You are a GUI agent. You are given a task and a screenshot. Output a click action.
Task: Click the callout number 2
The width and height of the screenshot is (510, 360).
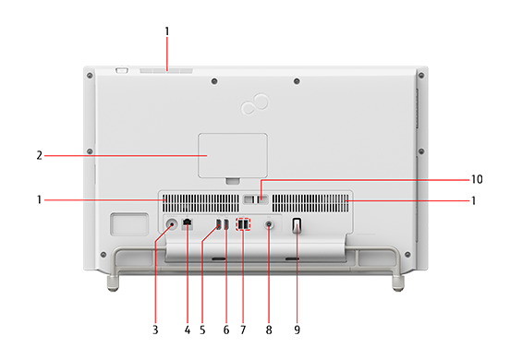[40, 155]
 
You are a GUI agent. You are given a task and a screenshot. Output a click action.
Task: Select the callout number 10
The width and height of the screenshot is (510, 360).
[477, 179]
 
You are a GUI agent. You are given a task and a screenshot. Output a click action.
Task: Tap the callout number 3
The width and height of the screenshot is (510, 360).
[155, 330]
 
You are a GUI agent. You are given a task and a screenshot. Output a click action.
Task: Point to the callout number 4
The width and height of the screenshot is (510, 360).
[188, 330]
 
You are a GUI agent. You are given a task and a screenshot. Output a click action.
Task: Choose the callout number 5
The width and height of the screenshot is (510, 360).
[202, 330]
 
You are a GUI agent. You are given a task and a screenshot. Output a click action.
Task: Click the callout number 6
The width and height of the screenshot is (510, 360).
[226, 330]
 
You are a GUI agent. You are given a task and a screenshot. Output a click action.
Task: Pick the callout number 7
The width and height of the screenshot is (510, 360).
[243, 330]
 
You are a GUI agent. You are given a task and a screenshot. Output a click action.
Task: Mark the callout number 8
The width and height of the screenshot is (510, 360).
[269, 330]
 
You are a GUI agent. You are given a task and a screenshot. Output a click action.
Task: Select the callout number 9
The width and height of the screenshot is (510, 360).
[297, 330]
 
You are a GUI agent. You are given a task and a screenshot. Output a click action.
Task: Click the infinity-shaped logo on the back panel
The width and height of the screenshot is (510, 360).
[255, 103]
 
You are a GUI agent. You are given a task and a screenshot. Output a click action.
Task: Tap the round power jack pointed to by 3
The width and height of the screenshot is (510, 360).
[172, 224]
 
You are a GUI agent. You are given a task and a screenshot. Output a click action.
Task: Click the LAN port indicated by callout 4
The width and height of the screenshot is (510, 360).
[188, 222]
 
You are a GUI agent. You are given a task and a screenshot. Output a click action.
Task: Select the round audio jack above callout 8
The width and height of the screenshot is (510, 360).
[269, 224]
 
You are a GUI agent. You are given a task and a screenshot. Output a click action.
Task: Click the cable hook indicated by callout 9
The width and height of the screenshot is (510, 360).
[297, 225]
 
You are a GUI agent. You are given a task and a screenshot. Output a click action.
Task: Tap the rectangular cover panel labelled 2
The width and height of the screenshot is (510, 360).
[233, 155]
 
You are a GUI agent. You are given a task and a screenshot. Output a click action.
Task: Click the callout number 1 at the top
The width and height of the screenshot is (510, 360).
[167, 31]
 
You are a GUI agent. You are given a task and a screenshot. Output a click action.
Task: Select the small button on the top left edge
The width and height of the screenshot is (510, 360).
[122, 70]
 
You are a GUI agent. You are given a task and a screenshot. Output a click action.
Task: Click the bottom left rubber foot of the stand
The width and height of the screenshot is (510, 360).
[113, 283]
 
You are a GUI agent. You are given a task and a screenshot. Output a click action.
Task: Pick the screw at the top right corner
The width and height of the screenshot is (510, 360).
[421, 76]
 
